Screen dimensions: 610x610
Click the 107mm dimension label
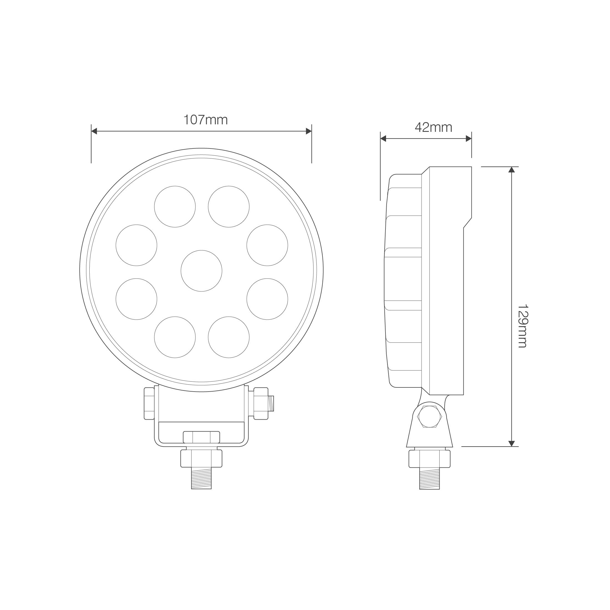(x=206, y=120)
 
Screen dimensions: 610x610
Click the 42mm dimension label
(x=433, y=128)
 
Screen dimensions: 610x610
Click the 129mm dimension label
(x=523, y=326)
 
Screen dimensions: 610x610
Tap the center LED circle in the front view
(x=201, y=271)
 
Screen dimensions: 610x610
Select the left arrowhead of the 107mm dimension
(x=94, y=131)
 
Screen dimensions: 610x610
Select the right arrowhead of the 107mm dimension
(x=309, y=131)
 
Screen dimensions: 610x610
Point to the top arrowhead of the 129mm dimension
(x=512, y=170)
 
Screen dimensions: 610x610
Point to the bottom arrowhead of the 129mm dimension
(x=512, y=443)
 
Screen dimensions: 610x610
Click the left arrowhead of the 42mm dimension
(x=383, y=138)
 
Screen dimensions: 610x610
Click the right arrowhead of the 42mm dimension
(x=468, y=138)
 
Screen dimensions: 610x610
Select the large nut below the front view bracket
(x=201, y=459)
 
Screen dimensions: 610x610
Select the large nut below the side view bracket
(x=429, y=459)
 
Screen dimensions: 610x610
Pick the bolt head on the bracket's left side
(x=149, y=404)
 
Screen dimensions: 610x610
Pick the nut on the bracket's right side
(x=261, y=404)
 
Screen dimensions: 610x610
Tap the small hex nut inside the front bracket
(x=201, y=437)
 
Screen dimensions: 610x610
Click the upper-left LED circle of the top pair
(x=175, y=206)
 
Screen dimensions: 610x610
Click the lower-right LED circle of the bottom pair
(x=229, y=337)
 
